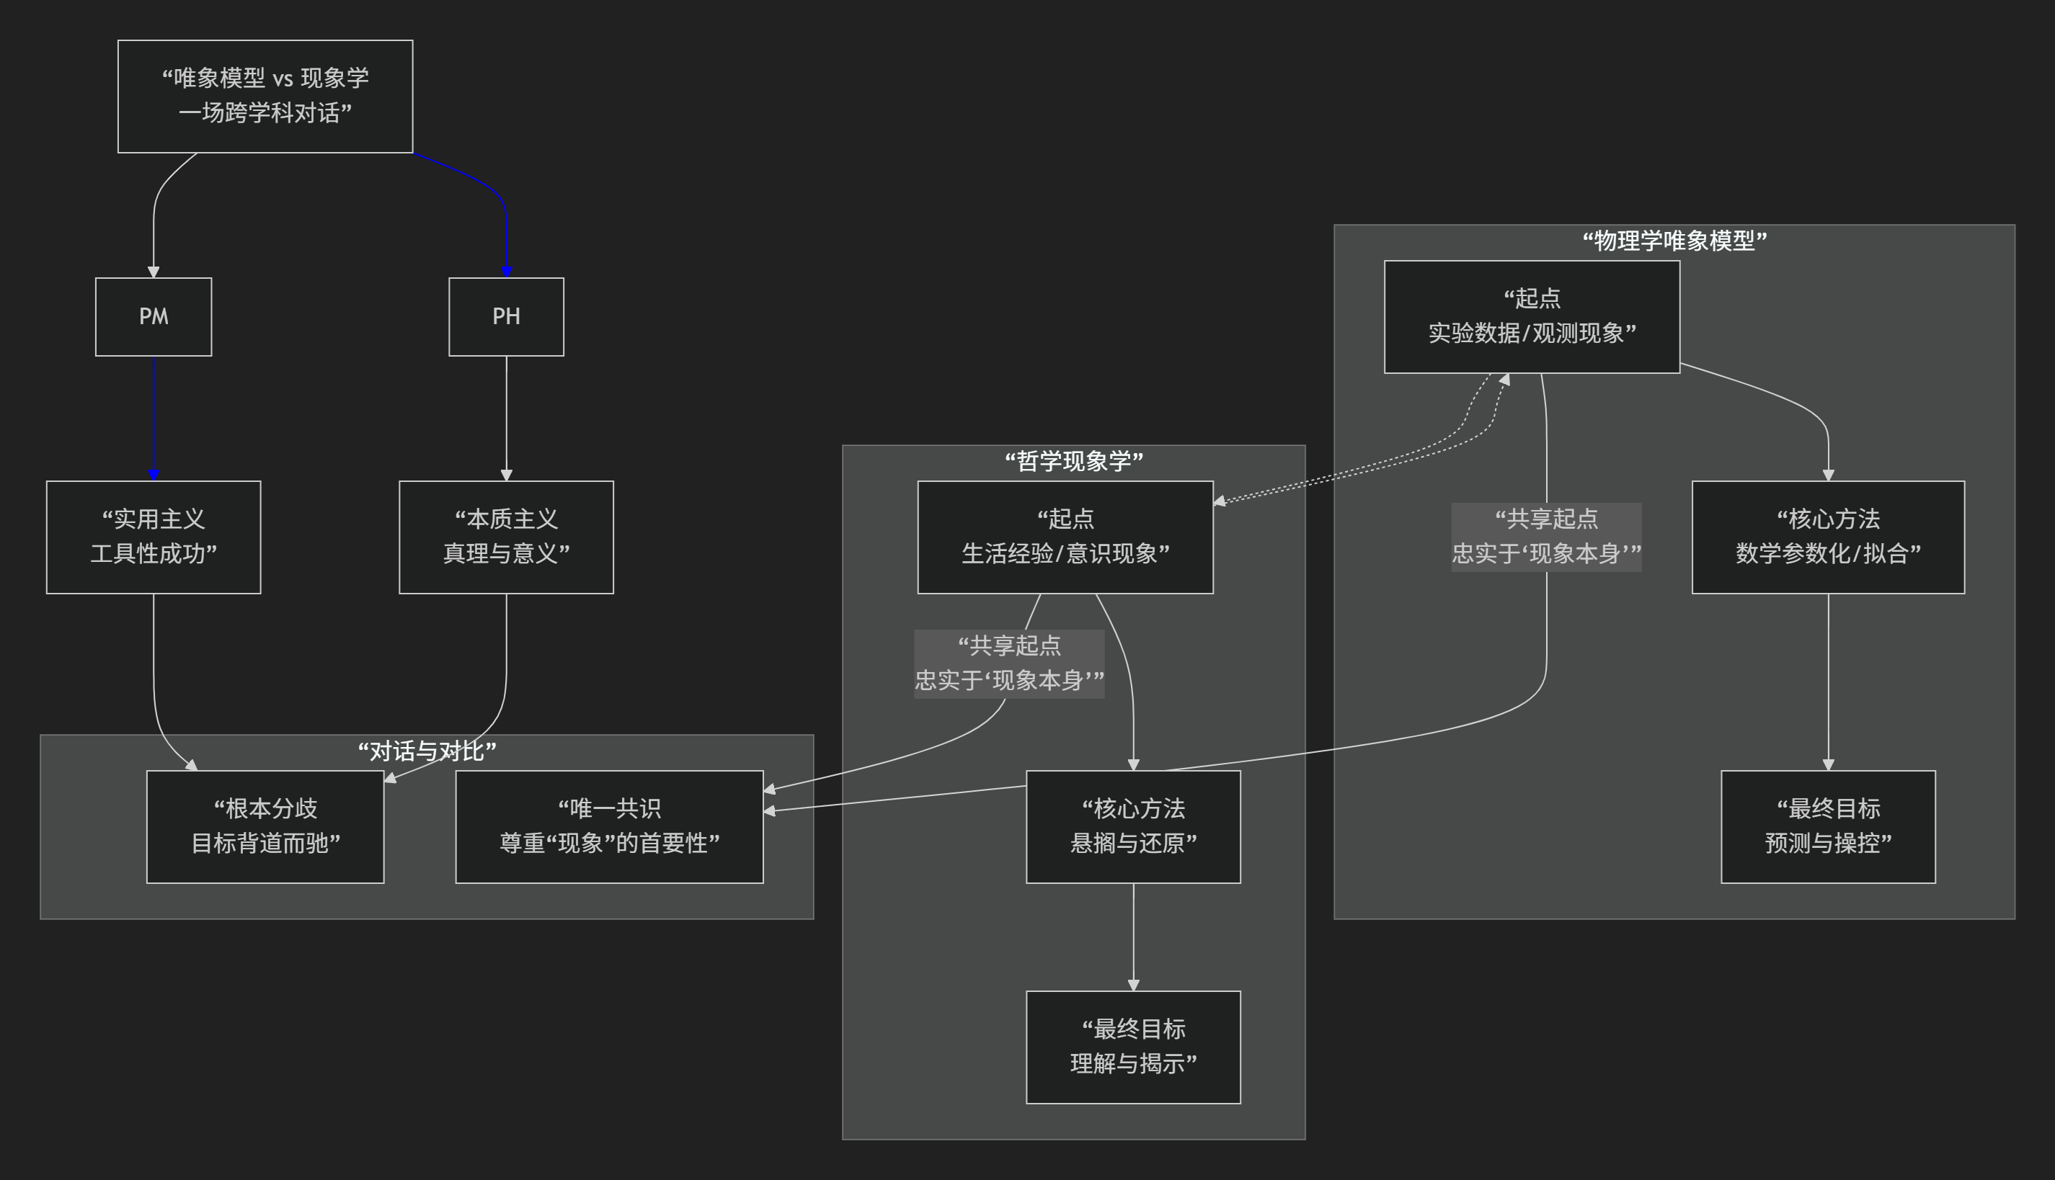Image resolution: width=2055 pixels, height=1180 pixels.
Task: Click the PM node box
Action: tap(154, 317)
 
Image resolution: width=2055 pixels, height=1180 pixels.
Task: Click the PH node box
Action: tap(506, 317)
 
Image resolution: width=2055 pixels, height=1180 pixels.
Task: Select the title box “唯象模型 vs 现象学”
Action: tap(265, 96)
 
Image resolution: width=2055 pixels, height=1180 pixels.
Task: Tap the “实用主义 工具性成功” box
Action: tap(154, 537)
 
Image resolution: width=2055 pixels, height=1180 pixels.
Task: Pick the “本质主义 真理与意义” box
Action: tap(506, 537)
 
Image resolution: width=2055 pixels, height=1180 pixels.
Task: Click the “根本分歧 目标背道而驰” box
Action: tap(265, 826)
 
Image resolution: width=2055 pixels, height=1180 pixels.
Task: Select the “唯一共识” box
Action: tap(609, 826)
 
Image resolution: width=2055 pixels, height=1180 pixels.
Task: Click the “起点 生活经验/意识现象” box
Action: tap(1065, 537)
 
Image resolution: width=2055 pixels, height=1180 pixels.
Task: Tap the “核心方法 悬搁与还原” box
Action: tap(1132, 826)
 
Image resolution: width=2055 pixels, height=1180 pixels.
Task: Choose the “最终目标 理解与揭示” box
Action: tap(1132, 1046)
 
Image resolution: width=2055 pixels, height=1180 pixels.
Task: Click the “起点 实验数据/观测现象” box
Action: tap(1531, 316)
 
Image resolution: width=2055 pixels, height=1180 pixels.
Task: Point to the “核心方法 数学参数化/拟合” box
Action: tap(1827, 537)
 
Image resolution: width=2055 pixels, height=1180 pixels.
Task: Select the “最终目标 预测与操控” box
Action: tap(1827, 826)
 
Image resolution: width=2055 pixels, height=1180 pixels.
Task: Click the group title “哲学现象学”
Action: tap(1073, 461)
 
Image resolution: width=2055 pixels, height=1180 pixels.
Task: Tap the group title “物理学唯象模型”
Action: tap(1674, 241)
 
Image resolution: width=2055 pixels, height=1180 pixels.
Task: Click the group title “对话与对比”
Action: tap(427, 751)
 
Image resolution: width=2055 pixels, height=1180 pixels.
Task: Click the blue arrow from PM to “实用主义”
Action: tap(154, 417)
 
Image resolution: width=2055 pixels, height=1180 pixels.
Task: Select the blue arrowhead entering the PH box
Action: tap(506, 272)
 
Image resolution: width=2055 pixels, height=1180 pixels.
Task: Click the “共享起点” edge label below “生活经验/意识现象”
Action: tap(1008, 663)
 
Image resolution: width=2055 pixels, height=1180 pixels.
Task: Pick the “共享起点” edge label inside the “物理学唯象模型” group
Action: tap(1546, 537)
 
